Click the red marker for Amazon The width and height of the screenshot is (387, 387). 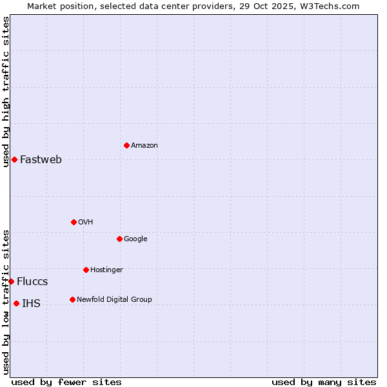126,145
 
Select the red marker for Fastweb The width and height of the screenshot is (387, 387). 14,159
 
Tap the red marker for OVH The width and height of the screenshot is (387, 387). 74,222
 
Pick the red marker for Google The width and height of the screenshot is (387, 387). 119,239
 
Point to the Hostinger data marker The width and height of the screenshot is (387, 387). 86,270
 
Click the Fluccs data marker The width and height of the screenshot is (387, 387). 11,281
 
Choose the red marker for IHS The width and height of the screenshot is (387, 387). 16,303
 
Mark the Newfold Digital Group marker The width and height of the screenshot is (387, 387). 72,299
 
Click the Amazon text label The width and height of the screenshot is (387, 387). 144,146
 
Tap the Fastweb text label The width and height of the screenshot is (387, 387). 41,160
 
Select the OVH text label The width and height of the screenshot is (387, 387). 86,223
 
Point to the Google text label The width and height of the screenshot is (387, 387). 135,239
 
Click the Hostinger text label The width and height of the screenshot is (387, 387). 106,270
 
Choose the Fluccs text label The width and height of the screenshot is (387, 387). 32,282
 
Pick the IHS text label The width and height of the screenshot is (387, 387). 31,304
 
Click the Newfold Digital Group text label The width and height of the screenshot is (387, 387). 114,300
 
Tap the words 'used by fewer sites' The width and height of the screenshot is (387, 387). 66,382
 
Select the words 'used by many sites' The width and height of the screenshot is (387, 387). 324,382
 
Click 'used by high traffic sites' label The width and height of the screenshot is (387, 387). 6,92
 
